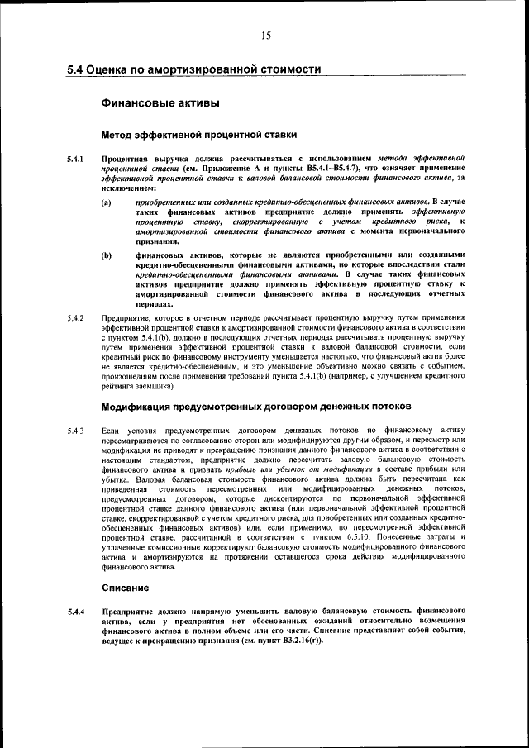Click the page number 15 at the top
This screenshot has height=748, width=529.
(x=265, y=35)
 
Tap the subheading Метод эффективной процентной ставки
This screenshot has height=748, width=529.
(x=198, y=134)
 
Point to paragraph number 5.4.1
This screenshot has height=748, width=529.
(x=76, y=157)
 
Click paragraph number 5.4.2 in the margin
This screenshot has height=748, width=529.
(x=76, y=318)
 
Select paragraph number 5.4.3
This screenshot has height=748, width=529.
(x=76, y=431)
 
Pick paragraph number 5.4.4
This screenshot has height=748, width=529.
(x=76, y=612)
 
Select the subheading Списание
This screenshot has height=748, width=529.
(x=125, y=588)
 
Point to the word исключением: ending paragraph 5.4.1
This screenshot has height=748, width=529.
(x=128, y=188)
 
